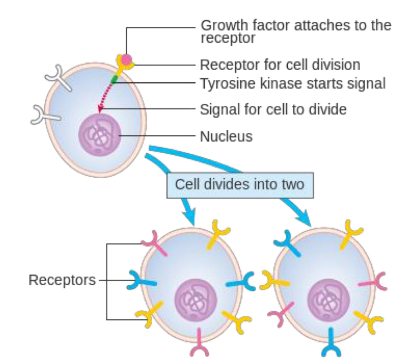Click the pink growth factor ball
[x=126, y=59]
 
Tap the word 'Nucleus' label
[x=226, y=137]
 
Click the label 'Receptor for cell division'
[x=279, y=63]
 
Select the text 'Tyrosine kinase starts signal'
[x=292, y=84]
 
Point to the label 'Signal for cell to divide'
[x=273, y=110]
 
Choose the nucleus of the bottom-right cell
[x=329, y=300]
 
